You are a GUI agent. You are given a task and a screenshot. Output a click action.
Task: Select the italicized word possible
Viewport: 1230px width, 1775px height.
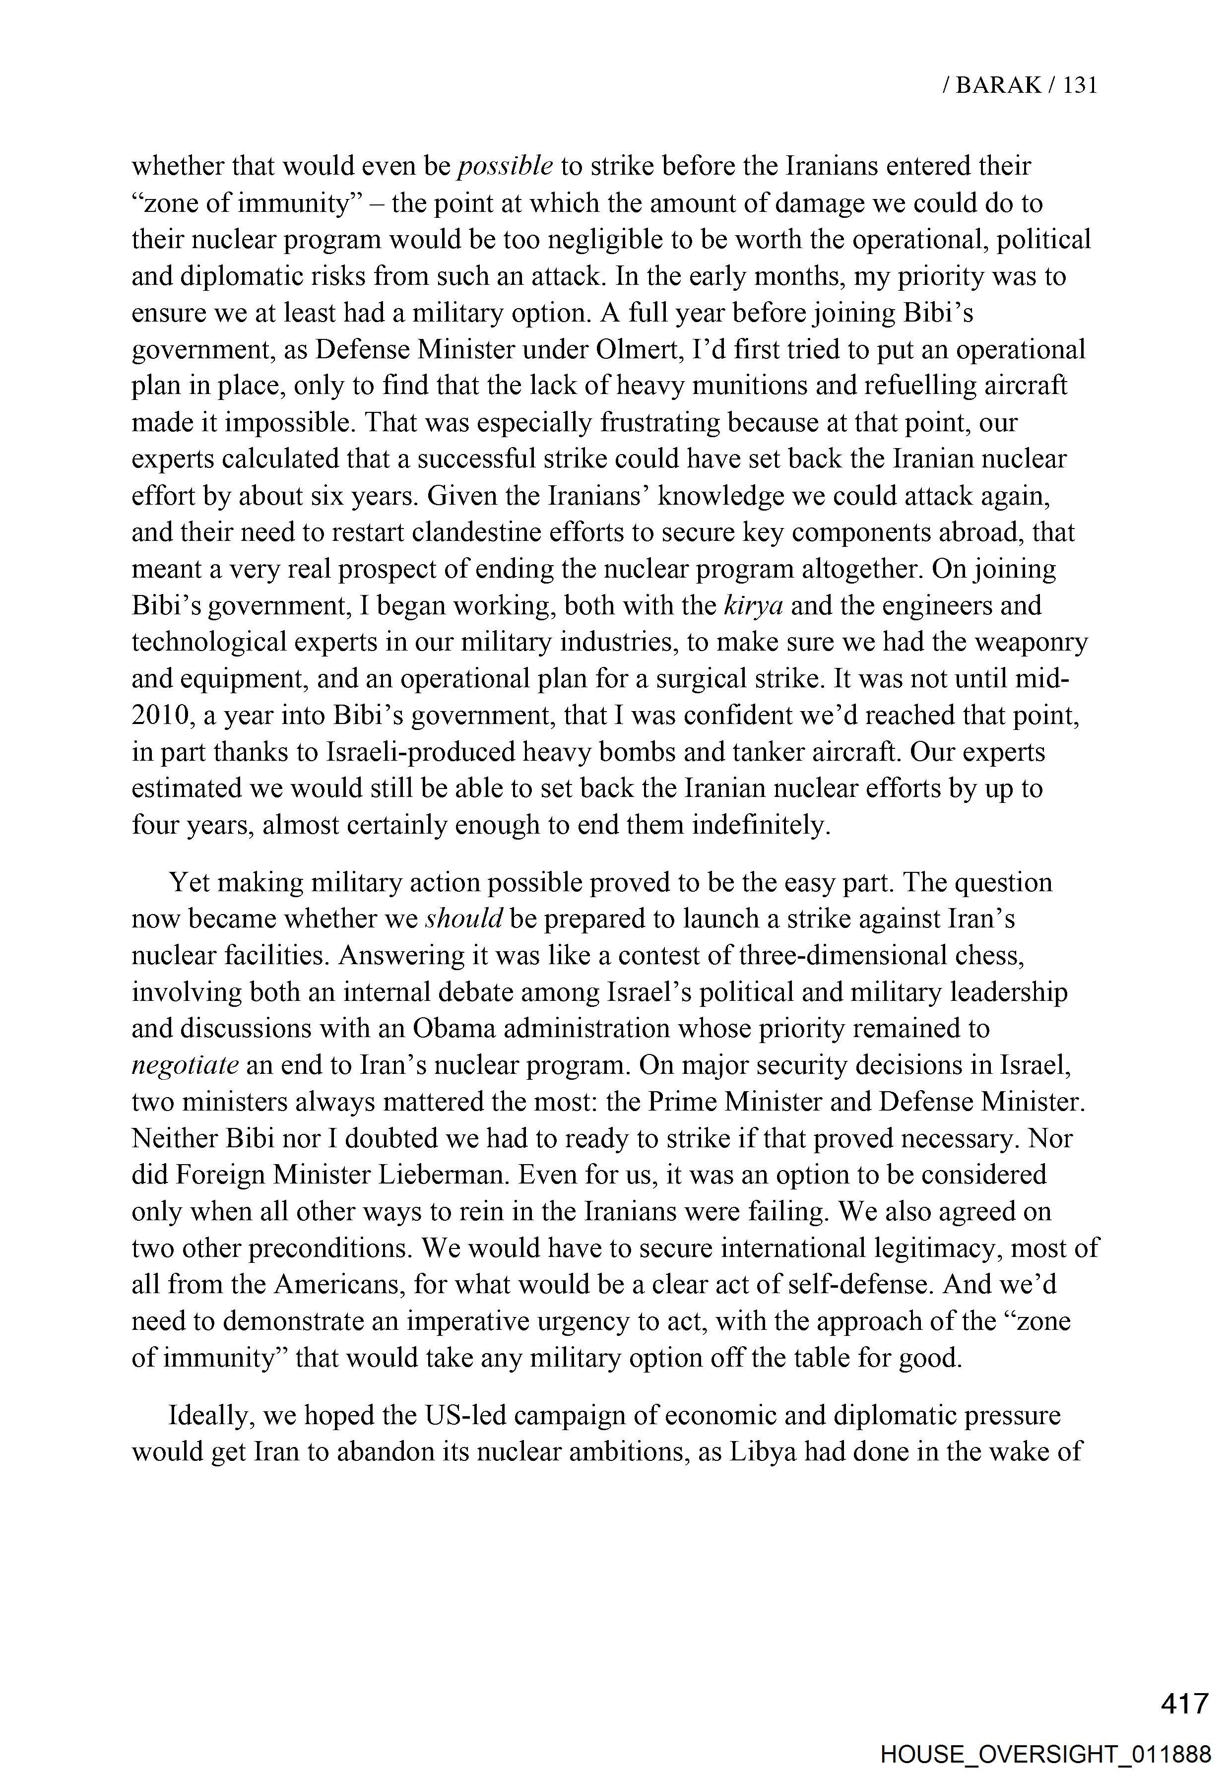click(x=505, y=166)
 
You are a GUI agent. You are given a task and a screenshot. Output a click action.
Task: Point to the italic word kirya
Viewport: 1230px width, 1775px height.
click(x=754, y=606)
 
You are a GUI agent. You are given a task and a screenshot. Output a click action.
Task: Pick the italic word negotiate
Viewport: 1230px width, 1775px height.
click(x=185, y=1065)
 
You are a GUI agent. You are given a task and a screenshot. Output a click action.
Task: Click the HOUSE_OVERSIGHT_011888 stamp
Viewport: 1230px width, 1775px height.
click(x=1046, y=1754)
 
